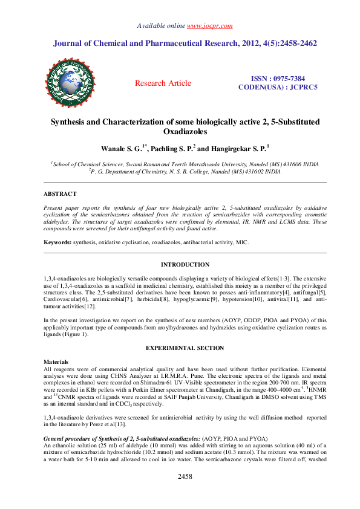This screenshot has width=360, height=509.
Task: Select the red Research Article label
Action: [x=163, y=83]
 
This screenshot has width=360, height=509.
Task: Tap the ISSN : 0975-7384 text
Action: [x=278, y=79]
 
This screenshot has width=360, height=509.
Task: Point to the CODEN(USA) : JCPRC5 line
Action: [x=278, y=87]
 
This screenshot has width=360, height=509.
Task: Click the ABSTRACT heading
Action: [x=60, y=193]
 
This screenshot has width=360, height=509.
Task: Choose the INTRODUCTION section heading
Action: [x=185, y=264]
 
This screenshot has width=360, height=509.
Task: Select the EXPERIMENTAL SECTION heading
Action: [x=185, y=349]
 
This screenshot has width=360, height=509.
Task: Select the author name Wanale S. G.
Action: [x=120, y=148]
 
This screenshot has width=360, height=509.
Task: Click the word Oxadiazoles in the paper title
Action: [x=185, y=131]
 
